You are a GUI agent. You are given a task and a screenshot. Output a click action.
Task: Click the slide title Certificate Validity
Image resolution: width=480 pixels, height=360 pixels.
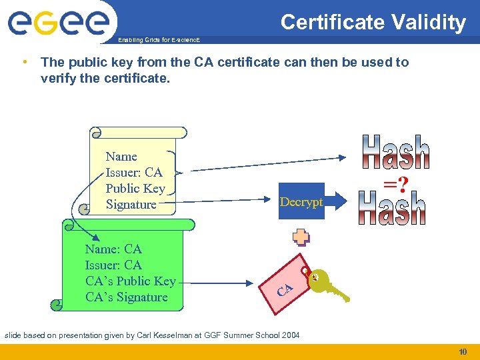373,23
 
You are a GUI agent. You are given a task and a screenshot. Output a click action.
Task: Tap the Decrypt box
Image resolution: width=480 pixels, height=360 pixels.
301,202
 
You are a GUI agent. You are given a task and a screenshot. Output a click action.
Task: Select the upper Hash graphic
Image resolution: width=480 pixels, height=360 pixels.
396,153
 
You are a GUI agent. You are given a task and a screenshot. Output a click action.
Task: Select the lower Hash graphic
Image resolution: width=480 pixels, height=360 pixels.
392,208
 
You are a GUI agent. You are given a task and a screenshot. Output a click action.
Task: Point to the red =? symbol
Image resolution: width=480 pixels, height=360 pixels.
395,181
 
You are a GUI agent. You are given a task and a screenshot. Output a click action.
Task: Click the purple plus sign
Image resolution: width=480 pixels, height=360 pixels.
301,238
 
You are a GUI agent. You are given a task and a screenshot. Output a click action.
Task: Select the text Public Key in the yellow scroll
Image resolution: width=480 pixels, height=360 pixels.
135,189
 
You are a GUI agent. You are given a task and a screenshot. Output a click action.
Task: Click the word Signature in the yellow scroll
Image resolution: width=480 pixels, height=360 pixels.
131,205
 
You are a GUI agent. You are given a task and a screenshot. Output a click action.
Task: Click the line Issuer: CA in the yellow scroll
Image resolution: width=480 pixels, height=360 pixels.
134,173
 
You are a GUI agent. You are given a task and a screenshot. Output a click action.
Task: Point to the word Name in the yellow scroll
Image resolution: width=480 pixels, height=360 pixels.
121,157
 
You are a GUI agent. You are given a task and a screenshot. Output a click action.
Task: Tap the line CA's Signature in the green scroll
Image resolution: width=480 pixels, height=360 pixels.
127,297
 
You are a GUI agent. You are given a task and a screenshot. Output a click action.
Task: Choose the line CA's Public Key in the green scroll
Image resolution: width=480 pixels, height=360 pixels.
131,281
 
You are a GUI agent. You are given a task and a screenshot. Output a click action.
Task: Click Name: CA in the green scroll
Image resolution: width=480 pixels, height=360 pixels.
113,249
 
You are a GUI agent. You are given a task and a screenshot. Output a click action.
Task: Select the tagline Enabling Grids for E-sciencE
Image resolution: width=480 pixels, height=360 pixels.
158,40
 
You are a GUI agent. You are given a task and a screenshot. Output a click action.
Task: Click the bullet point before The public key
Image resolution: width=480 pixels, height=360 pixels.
24,62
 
